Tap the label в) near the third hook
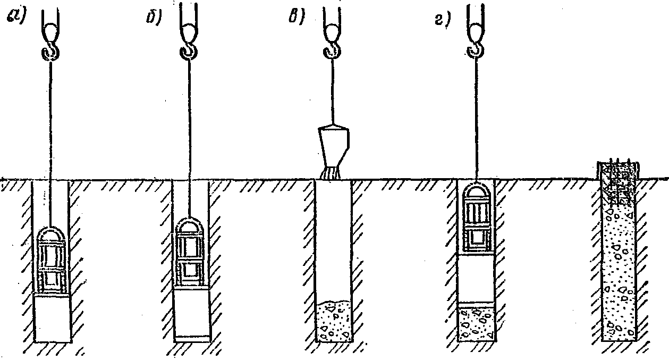pyautogui.click(x=293, y=18)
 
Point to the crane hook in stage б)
pyautogui.click(x=189, y=52)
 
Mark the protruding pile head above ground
pyautogui.click(x=620, y=170)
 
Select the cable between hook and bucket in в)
pyautogui.click(x=332, y=90)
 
